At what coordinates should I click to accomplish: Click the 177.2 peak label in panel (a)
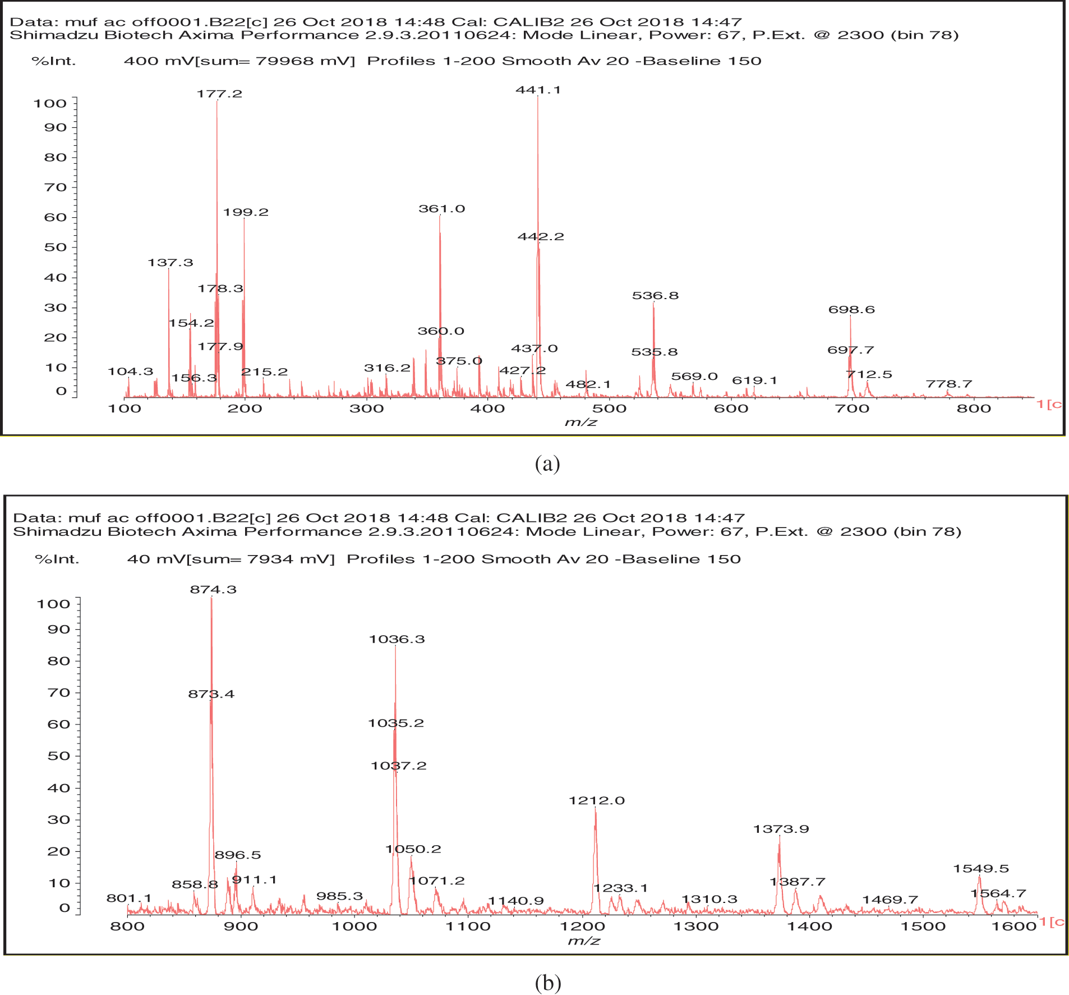point(219,94)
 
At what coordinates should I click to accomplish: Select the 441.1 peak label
point(538,90)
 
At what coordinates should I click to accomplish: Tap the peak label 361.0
point(441,209)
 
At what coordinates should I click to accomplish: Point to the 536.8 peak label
point(655,296)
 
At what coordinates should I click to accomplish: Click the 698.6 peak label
point(851,310)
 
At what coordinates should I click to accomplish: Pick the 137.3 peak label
point(170,263)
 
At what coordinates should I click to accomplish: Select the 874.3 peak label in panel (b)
point(213,590)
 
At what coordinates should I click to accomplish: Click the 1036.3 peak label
point(397,639)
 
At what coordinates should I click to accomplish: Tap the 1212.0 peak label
point(596,801)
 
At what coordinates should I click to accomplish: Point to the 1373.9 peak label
point(781,829)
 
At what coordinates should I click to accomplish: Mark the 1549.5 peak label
point(981,869)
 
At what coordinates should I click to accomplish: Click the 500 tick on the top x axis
point(609,409)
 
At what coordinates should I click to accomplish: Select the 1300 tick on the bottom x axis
point(696,927)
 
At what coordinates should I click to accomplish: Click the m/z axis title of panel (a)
point(580,423)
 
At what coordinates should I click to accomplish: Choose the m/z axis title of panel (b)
point(583,941)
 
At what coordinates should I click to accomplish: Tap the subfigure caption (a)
point(547,464)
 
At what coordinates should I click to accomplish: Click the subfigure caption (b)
point(547,982)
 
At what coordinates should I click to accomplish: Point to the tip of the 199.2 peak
point(244,218)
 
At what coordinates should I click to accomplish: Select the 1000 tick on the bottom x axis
point(355,927)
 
